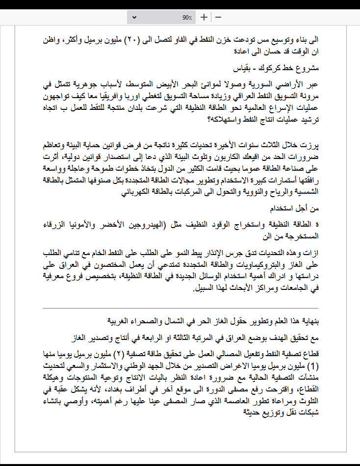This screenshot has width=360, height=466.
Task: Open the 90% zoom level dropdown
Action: pos(162,17)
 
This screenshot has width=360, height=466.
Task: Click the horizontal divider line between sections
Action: pos(180,309)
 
